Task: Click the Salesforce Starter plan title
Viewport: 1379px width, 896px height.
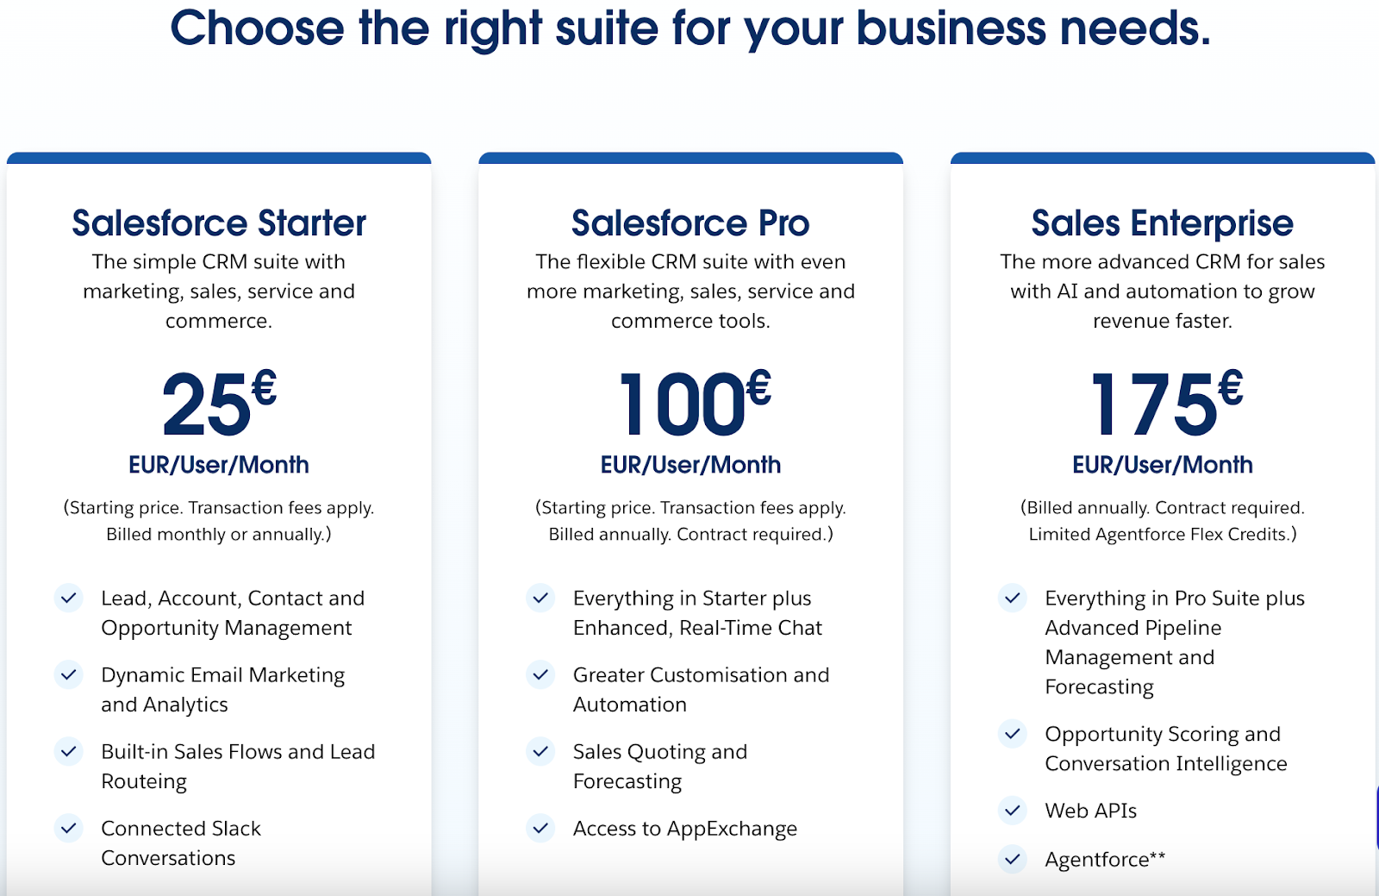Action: [x=219, y=223]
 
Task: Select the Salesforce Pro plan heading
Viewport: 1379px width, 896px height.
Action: [x=690, y=223]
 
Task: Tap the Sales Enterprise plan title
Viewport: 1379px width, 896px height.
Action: [x=1162, y=223]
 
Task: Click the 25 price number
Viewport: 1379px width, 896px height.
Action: [x=206, y=404]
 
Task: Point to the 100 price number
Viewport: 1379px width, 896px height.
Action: [x=682, y=404]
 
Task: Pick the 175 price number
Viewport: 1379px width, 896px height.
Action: [x=1153, y=404]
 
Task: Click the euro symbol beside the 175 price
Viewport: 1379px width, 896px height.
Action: [x=1231, y=387]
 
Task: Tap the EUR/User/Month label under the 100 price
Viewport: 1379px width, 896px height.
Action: [x=690, y=465]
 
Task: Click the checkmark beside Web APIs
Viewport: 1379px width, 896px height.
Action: [x=1013, y=811]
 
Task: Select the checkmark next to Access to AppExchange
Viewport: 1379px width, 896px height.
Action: [x=540, y=829]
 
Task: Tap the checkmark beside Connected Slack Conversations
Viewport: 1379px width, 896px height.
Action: [x=69, y=829]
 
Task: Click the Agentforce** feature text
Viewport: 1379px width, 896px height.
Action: [x=1105, y=859]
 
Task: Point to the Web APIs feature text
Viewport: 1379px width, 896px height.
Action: [x=1090, y=811]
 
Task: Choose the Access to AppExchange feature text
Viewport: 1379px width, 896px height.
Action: [x=684, y=829]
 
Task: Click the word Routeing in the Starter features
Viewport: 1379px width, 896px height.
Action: [x=144, y=781]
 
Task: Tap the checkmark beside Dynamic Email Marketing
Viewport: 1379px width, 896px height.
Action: [x=69, y=674]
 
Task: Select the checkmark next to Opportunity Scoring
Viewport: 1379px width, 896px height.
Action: [x=1013, y=734]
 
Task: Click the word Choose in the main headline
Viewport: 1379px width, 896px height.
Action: [x=257, y=28]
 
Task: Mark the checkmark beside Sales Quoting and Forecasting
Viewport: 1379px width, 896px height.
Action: [x=540, y=752]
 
